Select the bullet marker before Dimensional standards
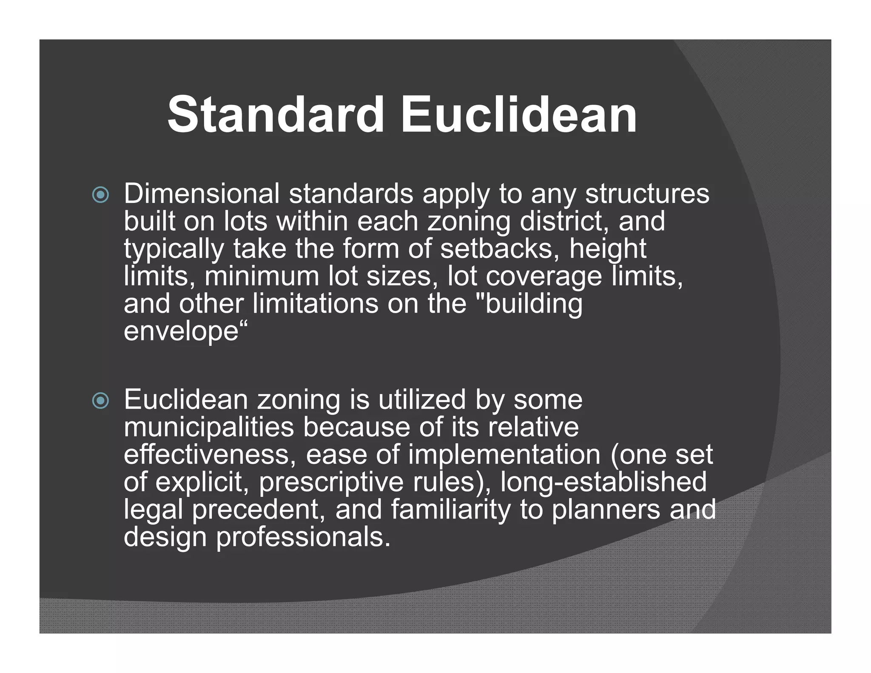click(x=101, y=195)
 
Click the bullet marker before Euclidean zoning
click(x=101, y=401)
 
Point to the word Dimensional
click(x=202, y=194)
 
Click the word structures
click(x=647, y=194)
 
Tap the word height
click(x=608, y=250)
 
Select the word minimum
click(x=262, y=277)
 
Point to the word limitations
click(x=316, y=304)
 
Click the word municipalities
click(x=209, y=428)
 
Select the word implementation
click(x=504, y=456)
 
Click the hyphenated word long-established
click(x=603, y=482)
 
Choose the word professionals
click(x=303, y=537)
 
